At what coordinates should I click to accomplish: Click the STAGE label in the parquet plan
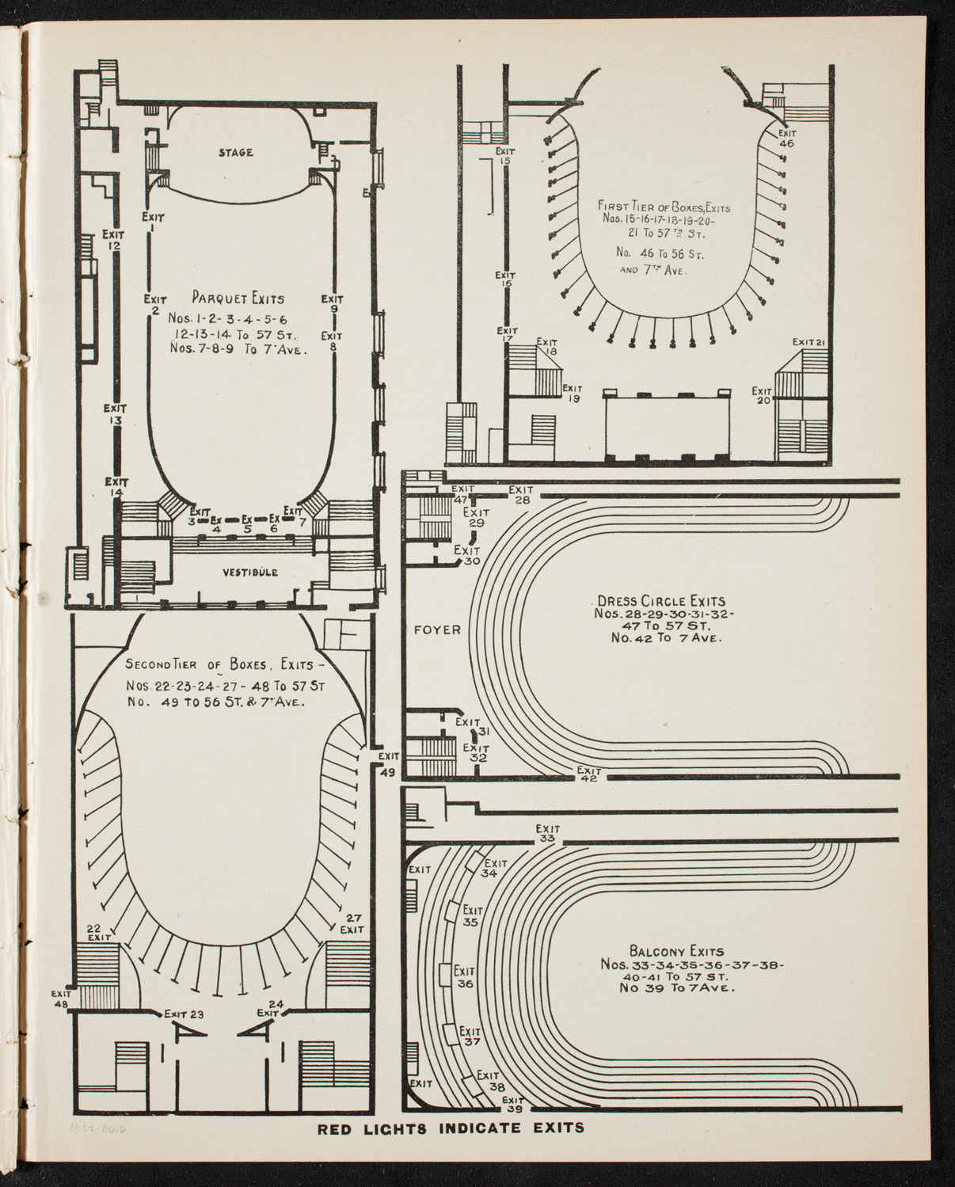coord(236,153)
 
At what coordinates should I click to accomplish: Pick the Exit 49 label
coord(389,765)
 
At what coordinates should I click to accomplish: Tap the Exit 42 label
coord(588,774)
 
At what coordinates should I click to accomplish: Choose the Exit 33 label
coord(546,833)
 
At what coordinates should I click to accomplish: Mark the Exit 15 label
coord(506,156)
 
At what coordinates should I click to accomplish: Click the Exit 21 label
coord(809,342)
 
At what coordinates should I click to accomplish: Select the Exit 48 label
coord(61,999)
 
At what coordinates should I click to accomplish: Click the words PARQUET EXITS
coord(238,299)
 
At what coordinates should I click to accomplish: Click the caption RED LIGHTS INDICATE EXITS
coord(452,1128)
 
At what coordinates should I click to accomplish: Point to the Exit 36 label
coord(465,977)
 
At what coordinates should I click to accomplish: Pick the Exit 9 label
coord(333,304)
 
